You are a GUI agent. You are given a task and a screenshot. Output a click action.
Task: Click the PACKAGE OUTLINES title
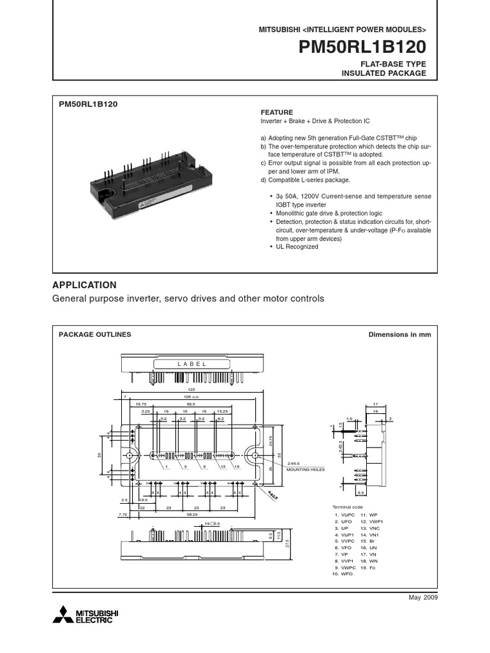point(95,334)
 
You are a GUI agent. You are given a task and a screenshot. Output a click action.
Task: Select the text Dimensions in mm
point(400,334)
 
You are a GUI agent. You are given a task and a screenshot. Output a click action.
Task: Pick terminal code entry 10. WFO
point(343,575)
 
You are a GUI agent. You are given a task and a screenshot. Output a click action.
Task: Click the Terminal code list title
point(348,507)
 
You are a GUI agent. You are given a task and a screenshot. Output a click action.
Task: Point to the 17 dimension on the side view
point(376,404)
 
